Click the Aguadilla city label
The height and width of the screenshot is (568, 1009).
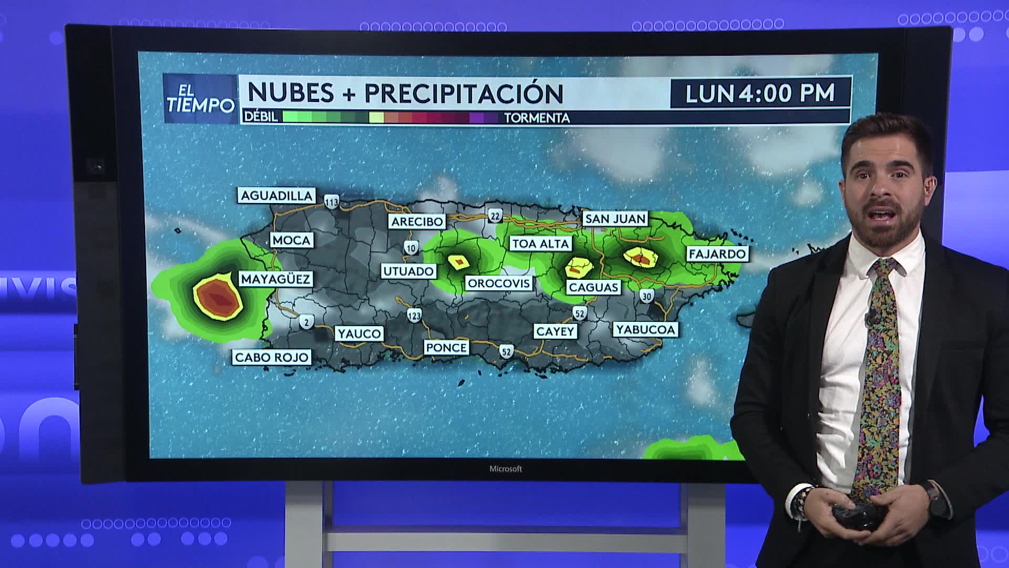point(276,196)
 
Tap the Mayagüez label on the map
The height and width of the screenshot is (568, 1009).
point(275,279)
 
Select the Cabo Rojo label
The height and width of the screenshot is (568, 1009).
point(272,358)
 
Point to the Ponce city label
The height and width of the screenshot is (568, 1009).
point(446,348)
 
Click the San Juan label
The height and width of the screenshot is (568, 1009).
point(615,219)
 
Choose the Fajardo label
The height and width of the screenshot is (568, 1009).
point(717,254)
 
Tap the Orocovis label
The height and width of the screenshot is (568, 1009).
point(499,283)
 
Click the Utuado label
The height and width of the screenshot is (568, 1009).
point(409,271)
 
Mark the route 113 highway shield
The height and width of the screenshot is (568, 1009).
point(332,201)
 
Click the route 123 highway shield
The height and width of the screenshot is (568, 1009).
point(414,316)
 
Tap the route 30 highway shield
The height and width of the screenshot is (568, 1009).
point(646,297)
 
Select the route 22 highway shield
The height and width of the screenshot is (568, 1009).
point(495,216)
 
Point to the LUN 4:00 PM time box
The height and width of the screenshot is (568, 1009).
point(760,94)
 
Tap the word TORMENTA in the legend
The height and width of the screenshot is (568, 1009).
point(537,118)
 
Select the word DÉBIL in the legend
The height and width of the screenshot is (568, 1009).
point(261,117)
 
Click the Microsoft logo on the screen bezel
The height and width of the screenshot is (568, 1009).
point(506,469)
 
